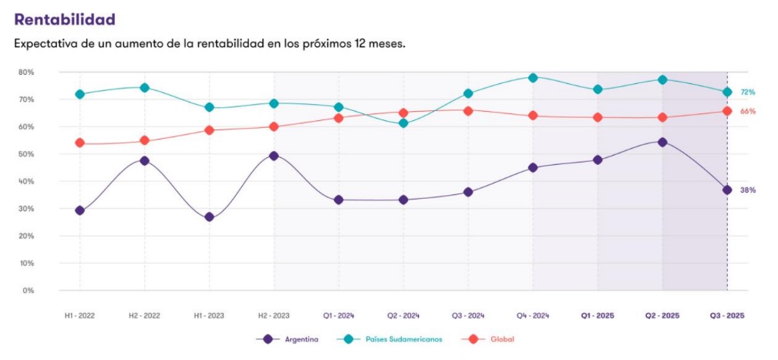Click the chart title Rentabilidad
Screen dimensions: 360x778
(x=65, y=19)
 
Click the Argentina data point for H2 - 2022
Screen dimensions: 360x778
(x=144, y=160)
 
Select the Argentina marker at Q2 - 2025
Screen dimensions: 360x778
(x=662, y=142)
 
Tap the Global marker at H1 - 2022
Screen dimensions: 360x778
(x=79, y=143)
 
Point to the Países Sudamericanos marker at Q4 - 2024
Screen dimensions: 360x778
(x=533, y=77)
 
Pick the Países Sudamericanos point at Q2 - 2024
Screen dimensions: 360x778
(x=403, y=123)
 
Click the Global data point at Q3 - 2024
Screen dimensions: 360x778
(x=468, y=110)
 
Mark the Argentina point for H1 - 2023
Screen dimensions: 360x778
(x=209, y=217)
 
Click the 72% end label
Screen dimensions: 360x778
(x=747, y=93)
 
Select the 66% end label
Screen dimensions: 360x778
(x=747, y=112)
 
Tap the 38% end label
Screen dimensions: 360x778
(x=747, y=190)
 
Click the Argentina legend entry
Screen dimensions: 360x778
(x=293, y=339)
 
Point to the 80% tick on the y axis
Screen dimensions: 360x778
(x=25, y=72)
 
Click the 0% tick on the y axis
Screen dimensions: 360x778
(x=28, y=291)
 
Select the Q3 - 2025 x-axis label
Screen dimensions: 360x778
(x=727, y=315)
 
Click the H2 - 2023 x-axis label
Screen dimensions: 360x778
(x=274, y=315)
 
